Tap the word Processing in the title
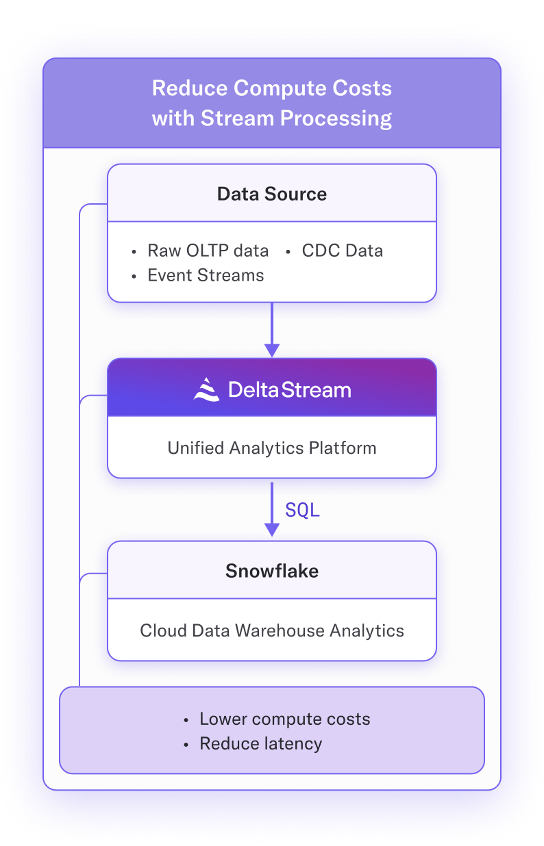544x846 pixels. click(336, 118)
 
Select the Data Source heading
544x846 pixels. click(272, 194)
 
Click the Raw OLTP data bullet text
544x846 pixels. click(208, 251)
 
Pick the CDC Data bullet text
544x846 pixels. click(342, 251)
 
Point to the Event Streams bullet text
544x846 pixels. click(206, 275)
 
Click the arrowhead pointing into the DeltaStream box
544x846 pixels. click(272, 350)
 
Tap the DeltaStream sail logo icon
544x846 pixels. click(206, 389)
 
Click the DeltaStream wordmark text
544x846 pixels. click(290, 389)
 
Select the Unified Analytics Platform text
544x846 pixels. click(272, 448)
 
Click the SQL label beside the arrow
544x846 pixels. click(302, 510)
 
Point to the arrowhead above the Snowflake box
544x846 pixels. click(272, 530)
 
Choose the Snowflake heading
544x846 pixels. click(272, 571)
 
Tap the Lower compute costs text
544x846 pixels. click(284, 719)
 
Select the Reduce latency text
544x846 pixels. click(261, 743)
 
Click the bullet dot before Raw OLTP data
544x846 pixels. click(134, 252)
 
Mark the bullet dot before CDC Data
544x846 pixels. click(288, 252)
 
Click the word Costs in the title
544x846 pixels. click(362, 88)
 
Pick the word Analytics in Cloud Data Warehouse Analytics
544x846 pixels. click(367, 631)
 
